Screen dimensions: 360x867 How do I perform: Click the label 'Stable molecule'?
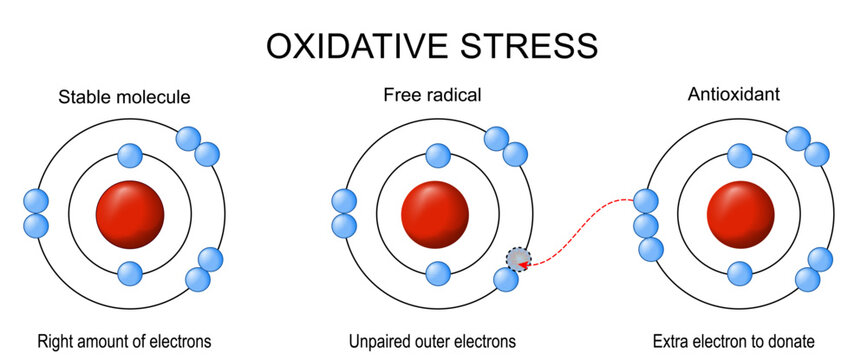coord(124,97)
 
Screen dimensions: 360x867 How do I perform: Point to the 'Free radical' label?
coord(432,96)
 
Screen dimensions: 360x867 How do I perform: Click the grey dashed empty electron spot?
coord(517,259)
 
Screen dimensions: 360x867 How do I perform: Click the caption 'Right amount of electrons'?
coord(124,341)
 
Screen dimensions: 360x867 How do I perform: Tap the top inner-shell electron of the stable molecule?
coord(129,155)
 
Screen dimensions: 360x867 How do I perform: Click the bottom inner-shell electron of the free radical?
coord(436,273)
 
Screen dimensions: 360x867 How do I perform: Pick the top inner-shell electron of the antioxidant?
coord(740,155)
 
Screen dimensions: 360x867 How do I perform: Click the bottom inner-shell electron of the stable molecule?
coord(129,273)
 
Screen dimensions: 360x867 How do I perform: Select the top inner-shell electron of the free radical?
coord(436,155)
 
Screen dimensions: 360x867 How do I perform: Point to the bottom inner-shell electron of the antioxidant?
coord(740,273)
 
